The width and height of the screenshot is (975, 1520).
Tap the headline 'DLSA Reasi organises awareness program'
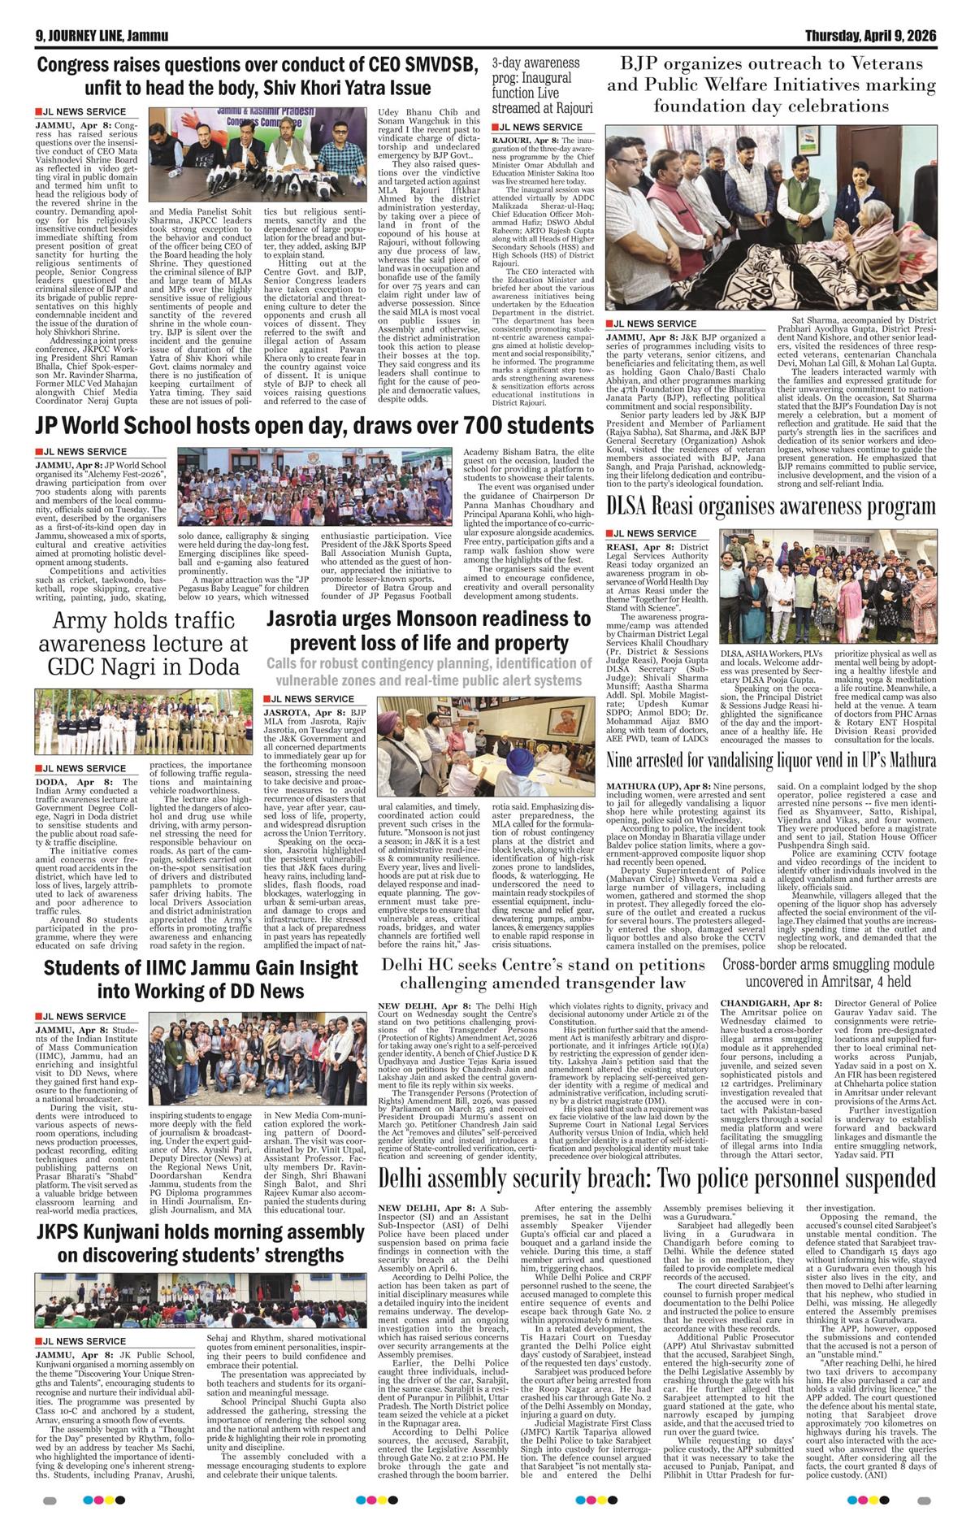[771, 506]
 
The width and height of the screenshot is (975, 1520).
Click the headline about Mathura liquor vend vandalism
[771, 761]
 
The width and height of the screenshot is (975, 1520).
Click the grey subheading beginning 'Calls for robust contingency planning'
[428, 671]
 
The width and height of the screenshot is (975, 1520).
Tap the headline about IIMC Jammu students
[200, 979]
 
